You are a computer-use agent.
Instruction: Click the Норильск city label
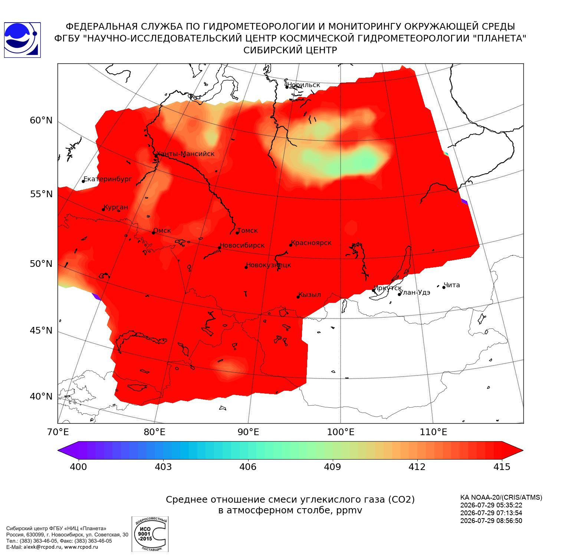click(x=303, y=85)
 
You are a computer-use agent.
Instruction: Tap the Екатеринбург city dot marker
click(x=83, y=181)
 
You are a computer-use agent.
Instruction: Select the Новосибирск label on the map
click(x=242, y=245)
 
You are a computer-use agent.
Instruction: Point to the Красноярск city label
click(x=311, y=243)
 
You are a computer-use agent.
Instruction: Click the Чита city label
click(x=452, y=285)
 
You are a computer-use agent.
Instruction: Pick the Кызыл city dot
click(x=298, y=297)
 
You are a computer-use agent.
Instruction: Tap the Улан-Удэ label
click(x=415, y=292)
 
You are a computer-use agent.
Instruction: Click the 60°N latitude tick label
click(x=41, y=120)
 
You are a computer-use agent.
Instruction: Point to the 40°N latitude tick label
click(x=41, y=397)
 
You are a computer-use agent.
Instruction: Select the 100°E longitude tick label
click(x=341, y=432)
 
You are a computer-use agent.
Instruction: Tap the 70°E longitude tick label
click(x=58, y=432)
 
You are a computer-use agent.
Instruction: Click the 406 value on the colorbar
click(x=248, y=467)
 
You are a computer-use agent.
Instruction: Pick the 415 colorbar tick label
click(x=502, y=467)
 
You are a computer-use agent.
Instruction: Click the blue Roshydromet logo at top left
click(x=22, y=40)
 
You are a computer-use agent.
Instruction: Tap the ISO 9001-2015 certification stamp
click(x=150, y=534)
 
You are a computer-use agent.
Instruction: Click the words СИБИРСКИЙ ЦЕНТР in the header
click(x=290, y=50)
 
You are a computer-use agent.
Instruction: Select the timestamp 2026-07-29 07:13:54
click(x=491, y=513)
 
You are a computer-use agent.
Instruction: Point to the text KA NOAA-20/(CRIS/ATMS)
click(x=501, y=497)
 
